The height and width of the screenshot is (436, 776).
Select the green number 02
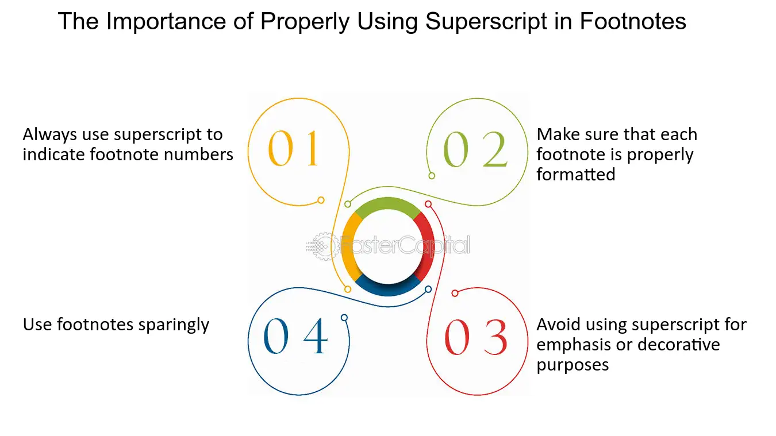click(475, 149)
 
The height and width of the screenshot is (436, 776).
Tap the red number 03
click(475, 337)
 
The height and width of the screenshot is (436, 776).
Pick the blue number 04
click(295, 335)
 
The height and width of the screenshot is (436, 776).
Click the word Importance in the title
click(166, 21)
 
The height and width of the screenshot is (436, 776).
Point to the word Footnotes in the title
click(633, 21)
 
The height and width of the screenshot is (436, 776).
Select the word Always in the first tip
click(49, 135)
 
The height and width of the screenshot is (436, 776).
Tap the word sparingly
click(174, 325)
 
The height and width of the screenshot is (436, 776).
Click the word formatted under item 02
click(576, 174)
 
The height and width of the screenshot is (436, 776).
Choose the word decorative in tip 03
click(679, 345)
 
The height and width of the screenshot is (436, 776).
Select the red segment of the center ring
click(425, 246)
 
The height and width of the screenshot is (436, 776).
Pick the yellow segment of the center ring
click(349, 246)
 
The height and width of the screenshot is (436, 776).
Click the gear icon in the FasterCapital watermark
click(324, 246)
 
